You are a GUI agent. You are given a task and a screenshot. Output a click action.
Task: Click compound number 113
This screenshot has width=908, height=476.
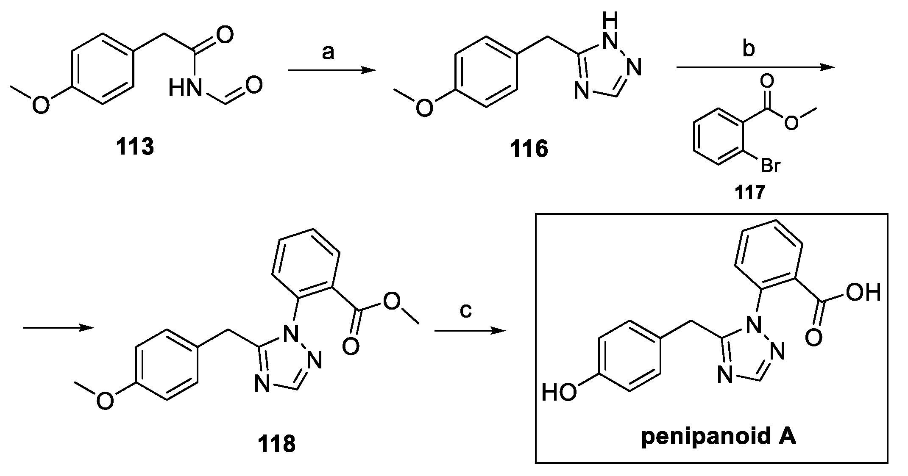(x=135, y=147)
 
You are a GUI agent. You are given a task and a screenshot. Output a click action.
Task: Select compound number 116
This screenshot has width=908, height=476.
(x=529, y=149)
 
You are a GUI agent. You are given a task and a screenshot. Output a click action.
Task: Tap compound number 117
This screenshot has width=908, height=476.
(x=750, y=193)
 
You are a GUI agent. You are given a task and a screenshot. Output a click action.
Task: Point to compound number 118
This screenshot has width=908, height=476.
(x=277, y=444)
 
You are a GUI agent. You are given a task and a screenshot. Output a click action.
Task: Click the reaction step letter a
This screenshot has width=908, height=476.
(x=328, y=53)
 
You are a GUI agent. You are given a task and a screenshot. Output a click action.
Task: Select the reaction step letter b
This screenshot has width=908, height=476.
(x=749, y=49)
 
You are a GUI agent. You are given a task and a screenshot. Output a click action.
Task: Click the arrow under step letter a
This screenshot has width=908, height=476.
(x=331, y=71)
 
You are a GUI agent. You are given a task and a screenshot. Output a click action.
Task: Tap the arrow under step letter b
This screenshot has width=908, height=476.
(x=755, y=67)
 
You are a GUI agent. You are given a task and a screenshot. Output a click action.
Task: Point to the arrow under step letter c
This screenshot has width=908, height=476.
(x=470, y=331)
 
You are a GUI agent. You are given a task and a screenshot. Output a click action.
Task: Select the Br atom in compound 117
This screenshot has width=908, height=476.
(x=770, y=166)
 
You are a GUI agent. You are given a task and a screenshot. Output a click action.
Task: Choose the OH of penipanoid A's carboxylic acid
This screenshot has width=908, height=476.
(x=863, y=293)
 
